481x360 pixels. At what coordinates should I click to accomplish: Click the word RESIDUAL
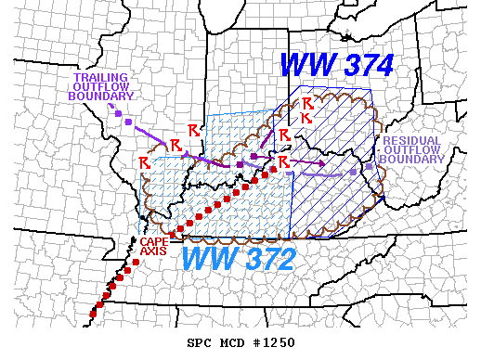pos(412,139)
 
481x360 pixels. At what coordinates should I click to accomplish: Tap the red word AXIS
pos(153,250)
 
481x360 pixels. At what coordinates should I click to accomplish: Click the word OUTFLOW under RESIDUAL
pos(412,149)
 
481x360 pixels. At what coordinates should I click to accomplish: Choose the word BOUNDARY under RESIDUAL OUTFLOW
pos(412,160)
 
